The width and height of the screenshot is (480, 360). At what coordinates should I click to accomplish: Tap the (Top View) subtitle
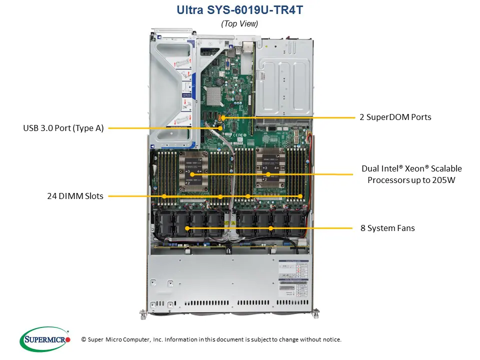[x=239, y=23]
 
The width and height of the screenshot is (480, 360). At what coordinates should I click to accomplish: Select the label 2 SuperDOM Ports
[x=395, y=117]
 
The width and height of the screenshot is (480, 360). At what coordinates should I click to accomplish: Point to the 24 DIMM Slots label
[x=75, y=196]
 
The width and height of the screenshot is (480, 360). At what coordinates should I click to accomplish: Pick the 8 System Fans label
[x=387, y=228]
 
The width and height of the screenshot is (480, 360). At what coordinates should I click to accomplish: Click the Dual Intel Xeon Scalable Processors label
[x=411, y=174]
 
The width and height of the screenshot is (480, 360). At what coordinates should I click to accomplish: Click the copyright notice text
[x=211, y=339]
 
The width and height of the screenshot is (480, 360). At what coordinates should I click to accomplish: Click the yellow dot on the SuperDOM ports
[x=223, y=117]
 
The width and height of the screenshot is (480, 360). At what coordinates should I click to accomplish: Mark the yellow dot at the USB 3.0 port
[x=220, y=128]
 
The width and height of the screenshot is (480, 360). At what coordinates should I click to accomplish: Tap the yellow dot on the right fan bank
[x=270, y=228]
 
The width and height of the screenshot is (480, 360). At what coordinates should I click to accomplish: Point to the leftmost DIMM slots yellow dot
[x=164, y=196]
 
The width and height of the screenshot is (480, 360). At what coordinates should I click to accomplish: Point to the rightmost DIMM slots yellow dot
[x=300, y=196]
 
